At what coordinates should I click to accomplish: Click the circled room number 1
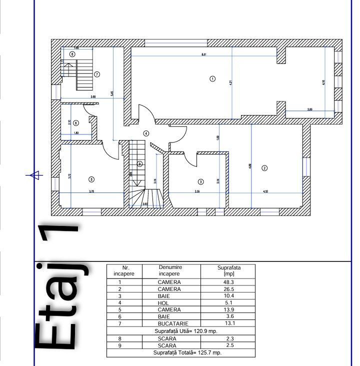[212, 78]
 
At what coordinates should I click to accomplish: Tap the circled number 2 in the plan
[265, 168]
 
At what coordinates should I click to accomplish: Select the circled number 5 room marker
[91, 179]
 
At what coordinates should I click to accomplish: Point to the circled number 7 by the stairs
[97, 74]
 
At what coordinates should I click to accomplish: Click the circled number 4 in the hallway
[146, 133]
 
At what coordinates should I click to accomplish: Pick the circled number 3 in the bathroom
[201, 181]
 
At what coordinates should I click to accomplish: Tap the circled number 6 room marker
[76, 122]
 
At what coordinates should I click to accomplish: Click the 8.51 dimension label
[204, 54]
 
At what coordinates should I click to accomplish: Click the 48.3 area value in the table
[228, 282]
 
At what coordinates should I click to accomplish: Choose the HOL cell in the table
[169, 303]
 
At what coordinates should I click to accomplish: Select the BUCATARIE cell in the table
[169, 324]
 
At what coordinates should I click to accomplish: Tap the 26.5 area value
[228, 289]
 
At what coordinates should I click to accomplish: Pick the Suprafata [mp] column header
[228, 270]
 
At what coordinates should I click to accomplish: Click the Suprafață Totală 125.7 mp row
[181, 352]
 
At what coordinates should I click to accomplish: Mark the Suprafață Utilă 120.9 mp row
[181, 331]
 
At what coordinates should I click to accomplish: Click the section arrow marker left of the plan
[34, 175]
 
